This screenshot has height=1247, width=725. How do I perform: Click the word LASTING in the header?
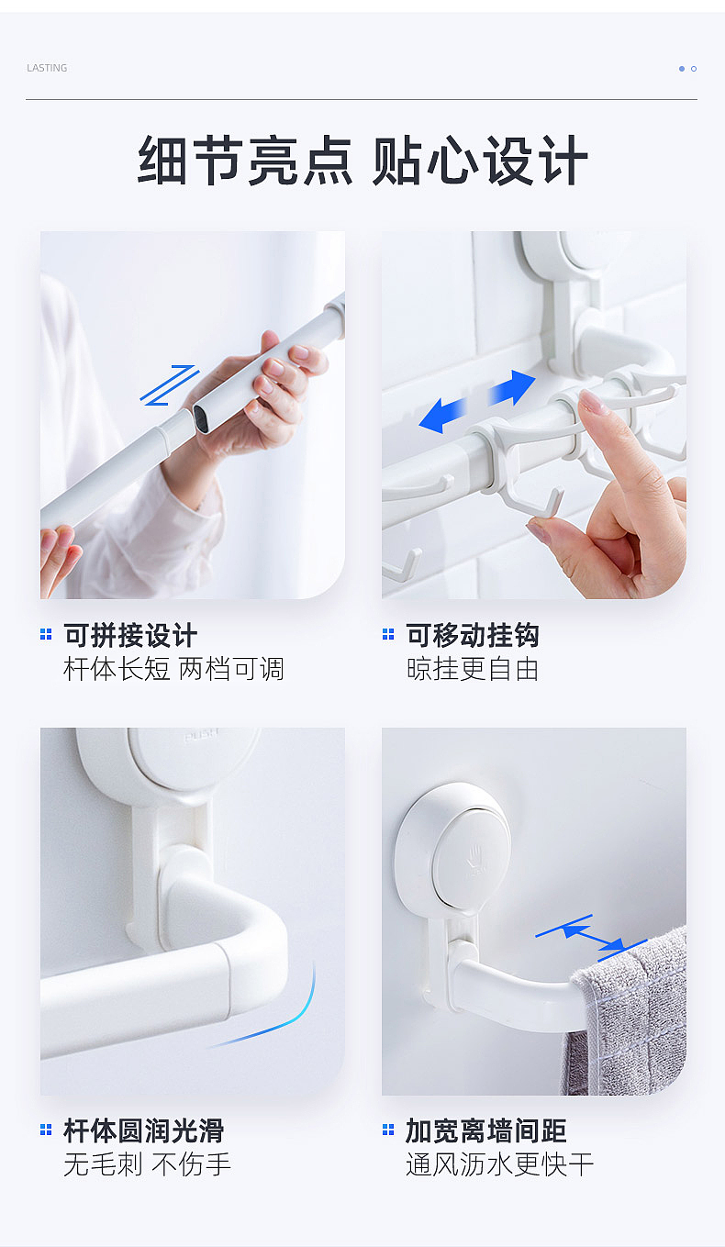click(47, 68)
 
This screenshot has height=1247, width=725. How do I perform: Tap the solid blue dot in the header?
click(682, 69)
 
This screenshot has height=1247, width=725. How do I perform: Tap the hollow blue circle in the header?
click(694, 69)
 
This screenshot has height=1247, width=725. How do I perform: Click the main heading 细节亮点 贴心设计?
click(362, 161)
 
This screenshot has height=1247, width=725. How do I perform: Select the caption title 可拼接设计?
click(130, 635)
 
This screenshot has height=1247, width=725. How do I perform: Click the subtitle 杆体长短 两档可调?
click(173, 669)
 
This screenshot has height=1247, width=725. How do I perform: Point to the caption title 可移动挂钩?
click(473, 635)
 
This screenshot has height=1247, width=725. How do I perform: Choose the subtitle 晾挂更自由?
click(473, 669)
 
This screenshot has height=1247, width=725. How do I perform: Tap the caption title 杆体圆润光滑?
click(144, 1130)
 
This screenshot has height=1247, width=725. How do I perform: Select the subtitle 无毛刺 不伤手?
click(147, 1164)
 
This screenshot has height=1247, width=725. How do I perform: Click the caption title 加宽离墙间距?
click(485, 1130)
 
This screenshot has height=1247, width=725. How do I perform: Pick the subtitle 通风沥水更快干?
click(499, 1164)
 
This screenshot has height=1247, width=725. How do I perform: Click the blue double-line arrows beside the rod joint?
click(169, 385)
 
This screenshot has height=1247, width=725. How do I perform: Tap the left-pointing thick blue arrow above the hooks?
click(442, 416)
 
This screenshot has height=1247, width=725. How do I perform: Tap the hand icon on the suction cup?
click(475, 855)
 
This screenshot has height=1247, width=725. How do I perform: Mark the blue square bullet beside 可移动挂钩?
click(388, 634)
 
